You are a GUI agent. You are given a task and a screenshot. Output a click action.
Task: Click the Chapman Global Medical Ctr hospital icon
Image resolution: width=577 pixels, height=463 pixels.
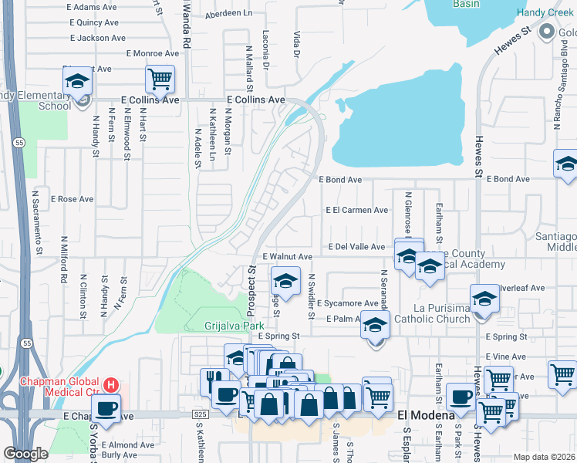click(x=111, y=384)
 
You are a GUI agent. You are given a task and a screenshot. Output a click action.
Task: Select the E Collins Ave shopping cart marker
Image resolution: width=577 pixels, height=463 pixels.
click(x=160, y=79)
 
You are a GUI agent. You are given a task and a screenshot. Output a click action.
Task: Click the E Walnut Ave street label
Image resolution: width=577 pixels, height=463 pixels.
click(x=287, y=256)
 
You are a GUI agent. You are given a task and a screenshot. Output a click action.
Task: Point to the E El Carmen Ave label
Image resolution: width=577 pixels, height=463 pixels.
click(x=356, y=210)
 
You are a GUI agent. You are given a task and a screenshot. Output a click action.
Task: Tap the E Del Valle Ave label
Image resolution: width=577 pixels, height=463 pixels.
click(x=356, y=247)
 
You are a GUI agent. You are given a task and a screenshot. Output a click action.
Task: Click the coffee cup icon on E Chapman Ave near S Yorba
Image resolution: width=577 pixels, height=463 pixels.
click(x=106, y=408)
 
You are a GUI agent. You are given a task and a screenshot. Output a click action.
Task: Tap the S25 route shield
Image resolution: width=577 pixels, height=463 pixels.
click(x=201, y=415)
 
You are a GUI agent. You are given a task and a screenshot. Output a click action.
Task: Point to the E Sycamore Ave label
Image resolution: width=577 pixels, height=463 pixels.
click(x=351, y=304)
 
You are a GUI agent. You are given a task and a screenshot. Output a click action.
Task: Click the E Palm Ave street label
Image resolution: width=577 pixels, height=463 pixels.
click(x=344, y=319)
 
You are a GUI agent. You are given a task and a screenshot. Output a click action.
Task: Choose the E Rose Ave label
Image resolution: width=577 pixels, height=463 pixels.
click(x=72, y=199)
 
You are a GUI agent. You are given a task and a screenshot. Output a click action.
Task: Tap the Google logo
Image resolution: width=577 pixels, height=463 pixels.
click(x=25, y=454)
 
